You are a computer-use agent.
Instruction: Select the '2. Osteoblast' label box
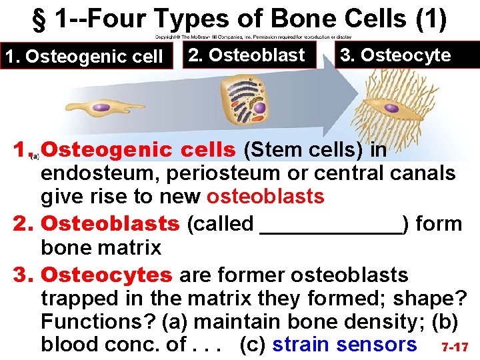point(247,55)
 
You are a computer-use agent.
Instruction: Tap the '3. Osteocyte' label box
point(396,55)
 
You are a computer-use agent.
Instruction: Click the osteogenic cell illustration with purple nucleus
point(107,109)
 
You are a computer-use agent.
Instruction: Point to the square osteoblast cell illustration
point(248,101)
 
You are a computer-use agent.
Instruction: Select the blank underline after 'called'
point(331,224)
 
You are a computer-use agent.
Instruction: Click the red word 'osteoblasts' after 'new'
point(265,197)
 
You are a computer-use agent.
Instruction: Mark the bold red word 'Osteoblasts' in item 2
point(111,224)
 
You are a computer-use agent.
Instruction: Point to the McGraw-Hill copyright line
point(253,37)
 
